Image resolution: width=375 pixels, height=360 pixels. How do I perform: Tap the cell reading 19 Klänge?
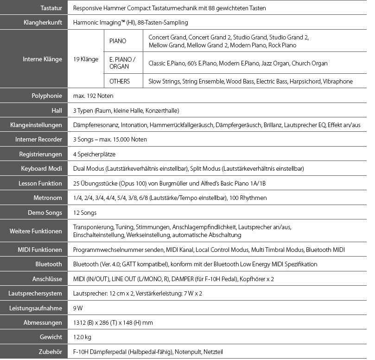point(86,59)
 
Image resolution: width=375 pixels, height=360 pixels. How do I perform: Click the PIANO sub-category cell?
point(118,41)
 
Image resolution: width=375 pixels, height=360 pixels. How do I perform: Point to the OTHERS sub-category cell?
point(120,81)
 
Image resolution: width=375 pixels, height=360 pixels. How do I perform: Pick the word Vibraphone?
point(338,81)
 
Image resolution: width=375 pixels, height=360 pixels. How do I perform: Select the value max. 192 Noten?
point(93,96)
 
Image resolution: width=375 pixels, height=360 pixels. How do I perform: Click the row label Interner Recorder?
point(38,140)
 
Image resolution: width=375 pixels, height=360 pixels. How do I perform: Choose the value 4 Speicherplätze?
point(95,154)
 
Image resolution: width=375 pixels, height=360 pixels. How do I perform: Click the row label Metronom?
point(48,198)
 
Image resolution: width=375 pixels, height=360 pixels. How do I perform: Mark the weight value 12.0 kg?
point(82,337)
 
